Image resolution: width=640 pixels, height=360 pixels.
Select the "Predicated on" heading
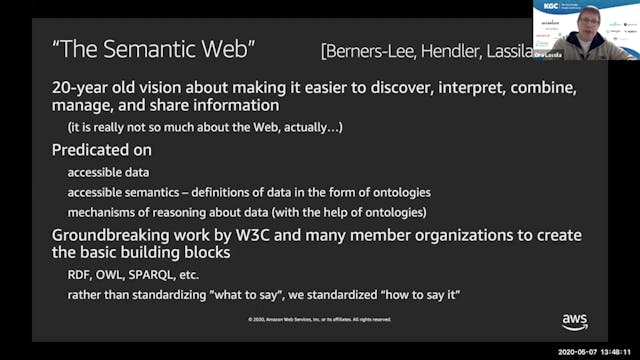click(102, 150)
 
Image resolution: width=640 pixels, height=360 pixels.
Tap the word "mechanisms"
click(103, 212)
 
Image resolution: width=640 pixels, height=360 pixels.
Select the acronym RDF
click(80, 276)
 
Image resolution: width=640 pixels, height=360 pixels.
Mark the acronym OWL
click(112, 276)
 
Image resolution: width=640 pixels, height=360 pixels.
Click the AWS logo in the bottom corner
click(574, 321)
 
